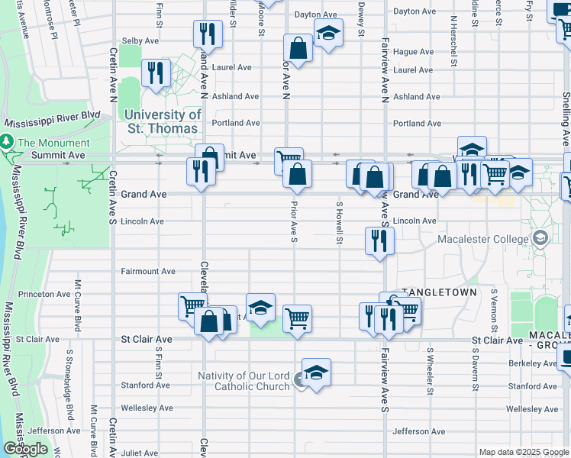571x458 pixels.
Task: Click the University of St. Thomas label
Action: tap(163, 121)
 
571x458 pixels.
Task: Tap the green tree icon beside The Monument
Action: tap(7, 143)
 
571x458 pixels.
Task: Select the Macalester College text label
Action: tap(482, 240)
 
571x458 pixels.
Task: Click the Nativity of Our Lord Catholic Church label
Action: tap(244, 381)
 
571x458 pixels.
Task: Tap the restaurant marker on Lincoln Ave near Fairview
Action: tap(379, 241)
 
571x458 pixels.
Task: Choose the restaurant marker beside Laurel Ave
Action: tap(156, 73)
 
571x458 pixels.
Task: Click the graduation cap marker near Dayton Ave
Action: tap(328, 34)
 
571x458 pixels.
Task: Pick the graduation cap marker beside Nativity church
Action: tap(316, 373)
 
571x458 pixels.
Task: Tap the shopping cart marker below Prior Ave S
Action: tap(297, 318)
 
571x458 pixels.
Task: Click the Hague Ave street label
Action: tap(414, 52)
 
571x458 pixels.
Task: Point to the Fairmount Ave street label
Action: tap(148, 271)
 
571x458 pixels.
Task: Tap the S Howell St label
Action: tap(339, 223)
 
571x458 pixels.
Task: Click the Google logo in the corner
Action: tap(25, 449)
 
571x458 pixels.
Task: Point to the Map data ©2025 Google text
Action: tap(523, 452)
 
